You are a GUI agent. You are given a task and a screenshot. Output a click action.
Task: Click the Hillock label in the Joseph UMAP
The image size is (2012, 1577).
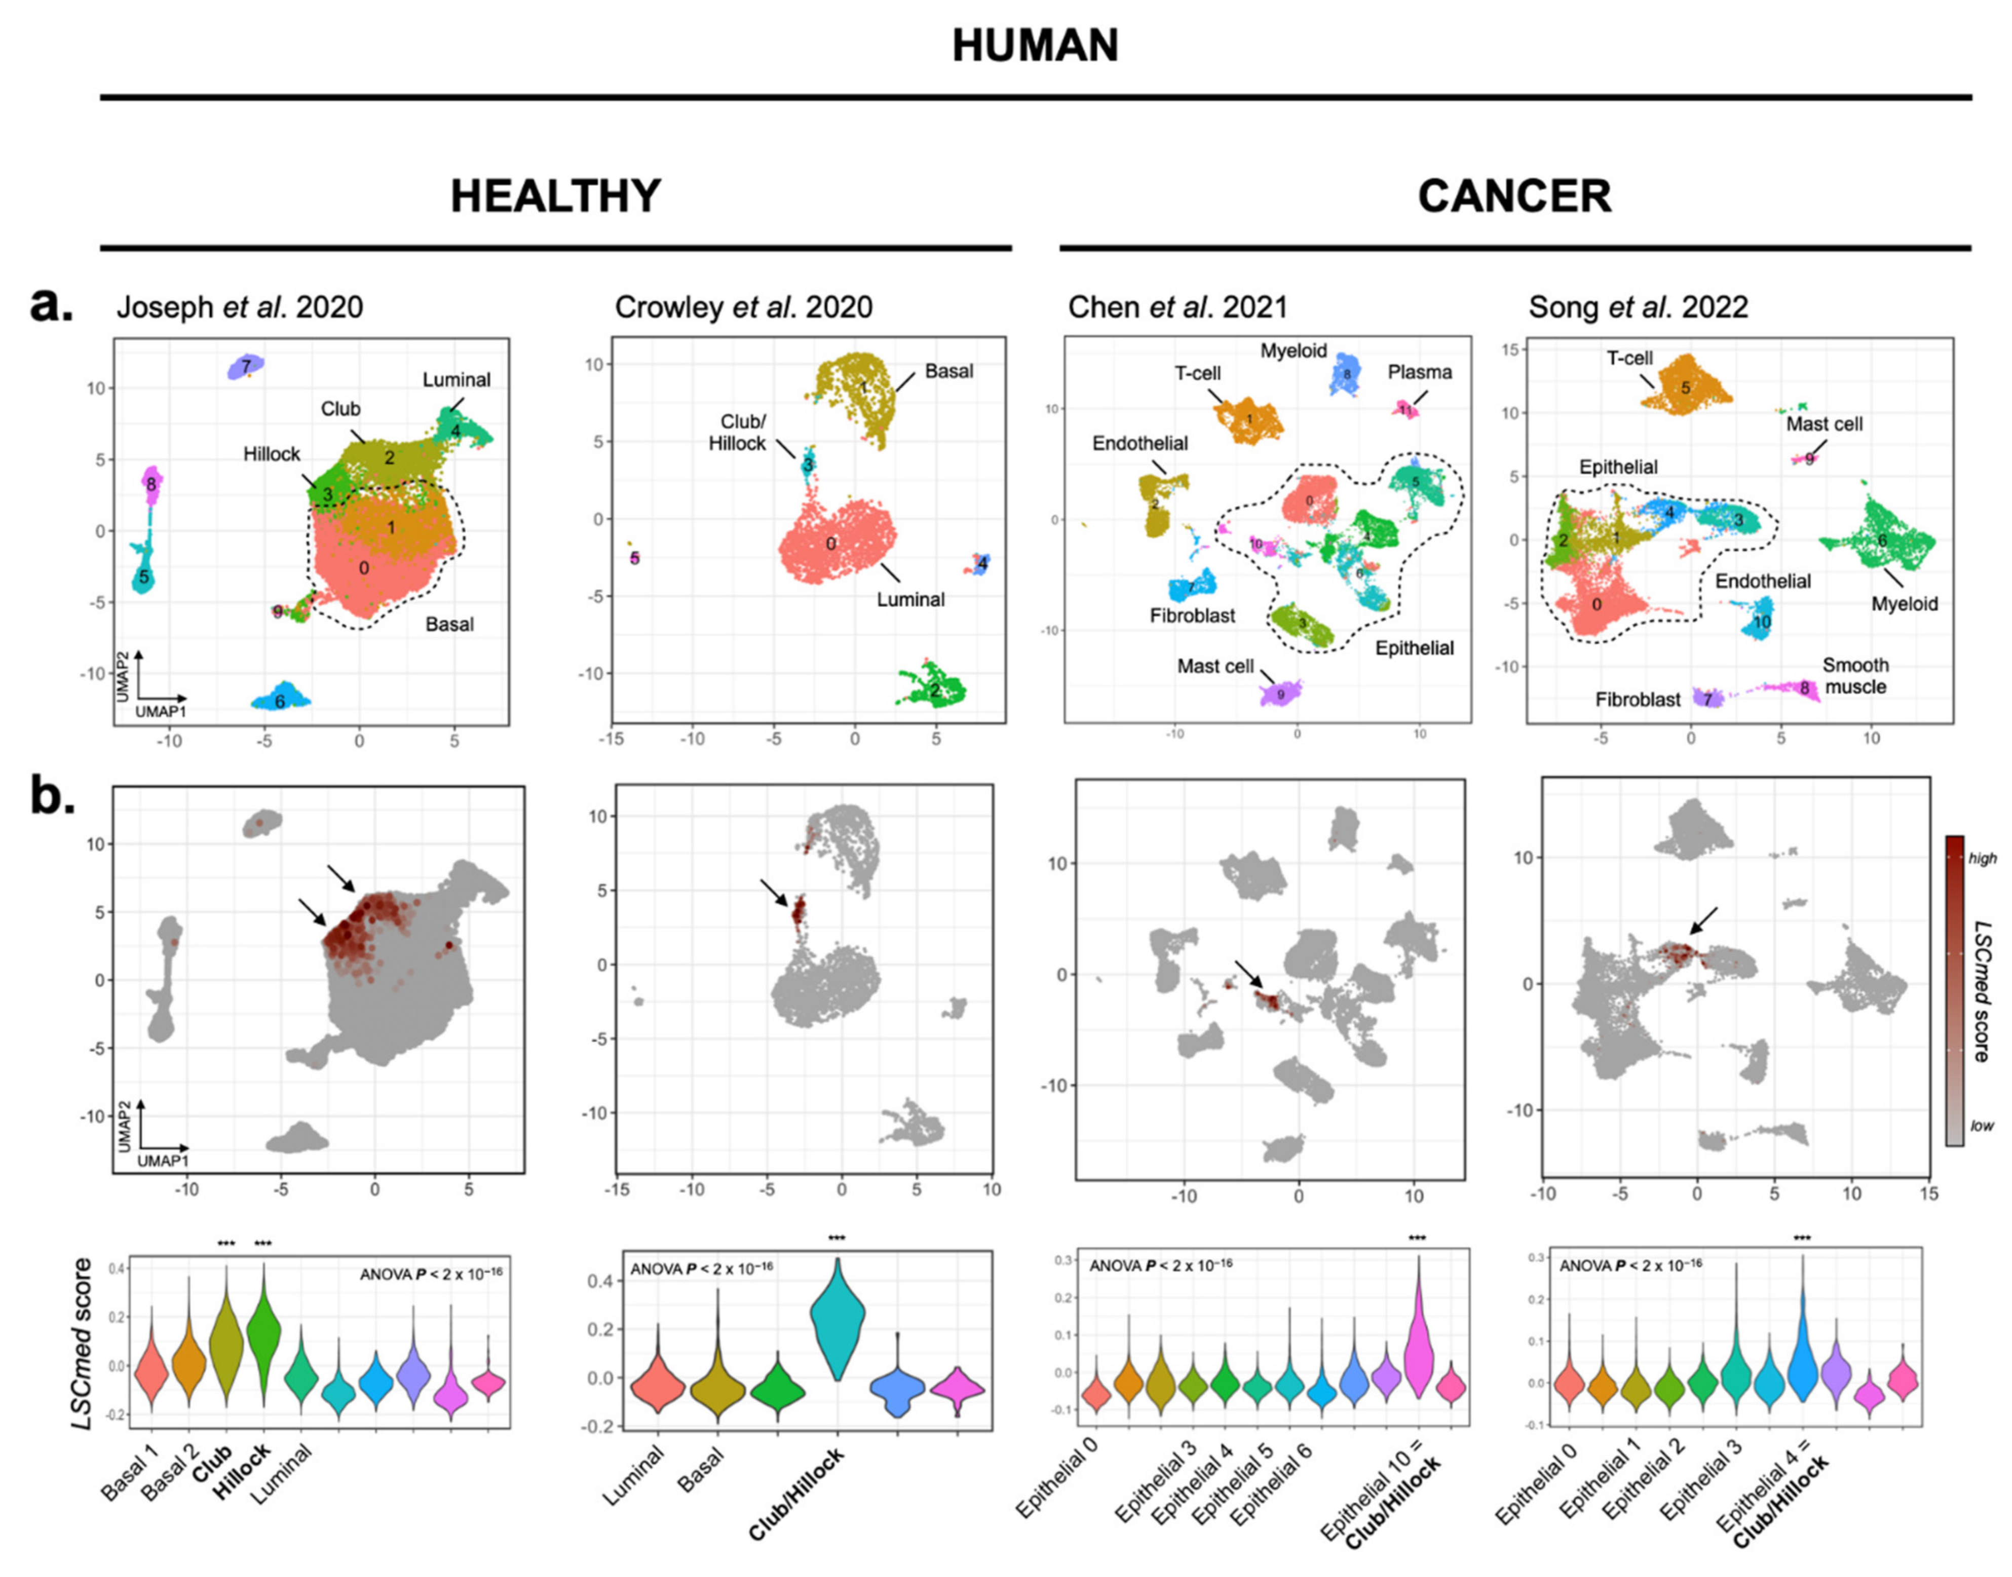[272, 454]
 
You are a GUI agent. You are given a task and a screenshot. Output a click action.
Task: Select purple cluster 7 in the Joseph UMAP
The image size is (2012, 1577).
[246, 367]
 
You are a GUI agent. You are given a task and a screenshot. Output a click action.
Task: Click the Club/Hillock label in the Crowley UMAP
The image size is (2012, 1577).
[737, 433]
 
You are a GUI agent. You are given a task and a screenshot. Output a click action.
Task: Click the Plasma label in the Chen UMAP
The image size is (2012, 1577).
[1419, 372]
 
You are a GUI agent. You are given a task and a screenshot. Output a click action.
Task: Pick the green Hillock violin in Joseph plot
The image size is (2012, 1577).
[263, 1330]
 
